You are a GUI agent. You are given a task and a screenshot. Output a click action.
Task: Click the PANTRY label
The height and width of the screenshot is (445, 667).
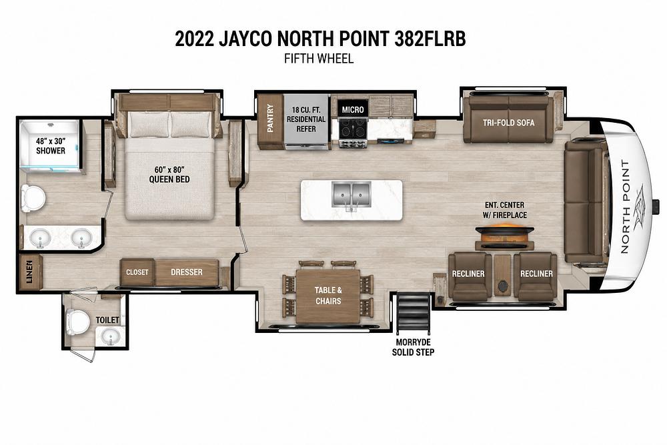point(270,118)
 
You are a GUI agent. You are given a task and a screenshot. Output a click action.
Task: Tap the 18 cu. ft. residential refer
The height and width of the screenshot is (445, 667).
point(306,121)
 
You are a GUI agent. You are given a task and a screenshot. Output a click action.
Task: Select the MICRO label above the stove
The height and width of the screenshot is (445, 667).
point(353,110)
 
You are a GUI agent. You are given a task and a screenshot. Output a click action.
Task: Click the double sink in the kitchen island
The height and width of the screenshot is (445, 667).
point(352,195)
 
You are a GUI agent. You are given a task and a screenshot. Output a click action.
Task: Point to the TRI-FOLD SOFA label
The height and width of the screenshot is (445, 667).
point(508,123)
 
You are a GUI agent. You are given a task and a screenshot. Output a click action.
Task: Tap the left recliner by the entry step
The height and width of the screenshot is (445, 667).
point(468,276)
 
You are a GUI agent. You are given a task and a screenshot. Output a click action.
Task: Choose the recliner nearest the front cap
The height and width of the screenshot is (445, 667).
point(536,276)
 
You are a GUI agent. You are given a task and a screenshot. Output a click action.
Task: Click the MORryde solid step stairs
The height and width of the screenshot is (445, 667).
point(413,314)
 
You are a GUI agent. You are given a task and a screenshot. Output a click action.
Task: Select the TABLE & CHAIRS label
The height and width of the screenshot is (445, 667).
point(328,296)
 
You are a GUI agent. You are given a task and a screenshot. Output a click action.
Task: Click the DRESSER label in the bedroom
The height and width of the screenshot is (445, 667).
point(186,272)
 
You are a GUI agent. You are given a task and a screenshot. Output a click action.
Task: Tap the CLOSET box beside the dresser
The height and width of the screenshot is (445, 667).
point(137,272)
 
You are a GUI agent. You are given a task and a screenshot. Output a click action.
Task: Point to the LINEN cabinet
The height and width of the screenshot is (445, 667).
point(30,272)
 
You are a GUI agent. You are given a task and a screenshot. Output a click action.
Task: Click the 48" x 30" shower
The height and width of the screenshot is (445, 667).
point(50,146)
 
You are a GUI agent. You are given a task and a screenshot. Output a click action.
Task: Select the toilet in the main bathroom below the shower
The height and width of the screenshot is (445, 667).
point(33,198)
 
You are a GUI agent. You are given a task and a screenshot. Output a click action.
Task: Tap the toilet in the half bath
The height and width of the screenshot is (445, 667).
point(77,322)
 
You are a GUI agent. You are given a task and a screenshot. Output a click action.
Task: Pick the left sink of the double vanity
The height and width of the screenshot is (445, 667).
point(41,238)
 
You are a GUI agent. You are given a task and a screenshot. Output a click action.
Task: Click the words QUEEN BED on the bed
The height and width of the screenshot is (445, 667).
point(169,179)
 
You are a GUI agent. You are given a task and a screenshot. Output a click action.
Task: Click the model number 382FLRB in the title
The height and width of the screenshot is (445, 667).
point(430,39)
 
